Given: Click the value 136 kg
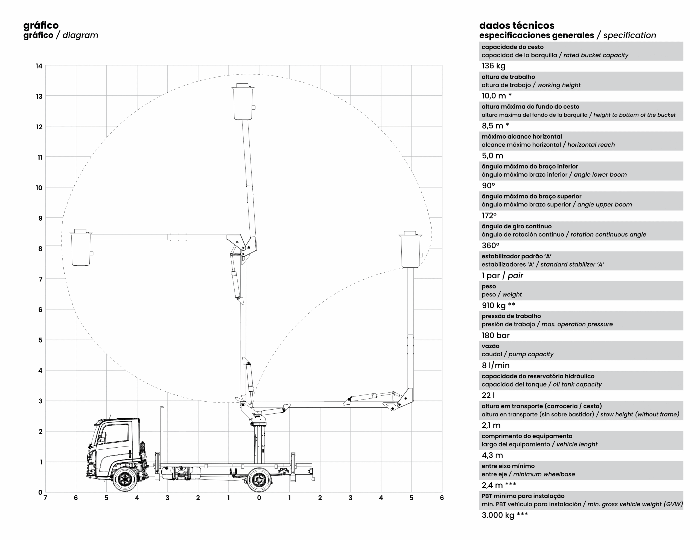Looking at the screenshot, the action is pyautogui.click(x=494, y=66).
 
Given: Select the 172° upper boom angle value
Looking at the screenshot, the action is pyautogui.click(x=489, y=216).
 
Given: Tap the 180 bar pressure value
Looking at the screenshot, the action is pyautogui.click(x=495, y=335).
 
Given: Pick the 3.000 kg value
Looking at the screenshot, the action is pyautogui.click(x=505, y=515).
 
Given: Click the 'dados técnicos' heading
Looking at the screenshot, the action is pyautogui.click(x=517, y=25).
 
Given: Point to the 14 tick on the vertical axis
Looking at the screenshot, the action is pyautogui.click(x=39, y=66).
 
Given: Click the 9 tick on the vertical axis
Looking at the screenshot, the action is pyautogui.click(x=40, y=218).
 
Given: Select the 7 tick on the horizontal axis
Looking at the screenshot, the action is pyautogui.click(x=45, y=498).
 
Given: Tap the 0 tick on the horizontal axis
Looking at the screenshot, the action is pyautogui.click(x=259, y=498).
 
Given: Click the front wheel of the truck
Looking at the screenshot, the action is pyautogui.click(x=124, y=479).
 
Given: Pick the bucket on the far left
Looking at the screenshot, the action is pyautogui.click(x=81, y=247).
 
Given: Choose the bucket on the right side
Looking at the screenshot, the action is pyautogui.click(x=411, y=250).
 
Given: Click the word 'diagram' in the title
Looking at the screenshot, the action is pyautogui.click(x=80, y=35).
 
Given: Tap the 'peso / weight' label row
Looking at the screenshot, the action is pyautogui.click(x=502, y=290).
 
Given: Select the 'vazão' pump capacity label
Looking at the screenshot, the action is pyautogui.click(x=490, y=346).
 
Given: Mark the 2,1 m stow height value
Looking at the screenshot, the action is pyautogui.click(x=491, y=425).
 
